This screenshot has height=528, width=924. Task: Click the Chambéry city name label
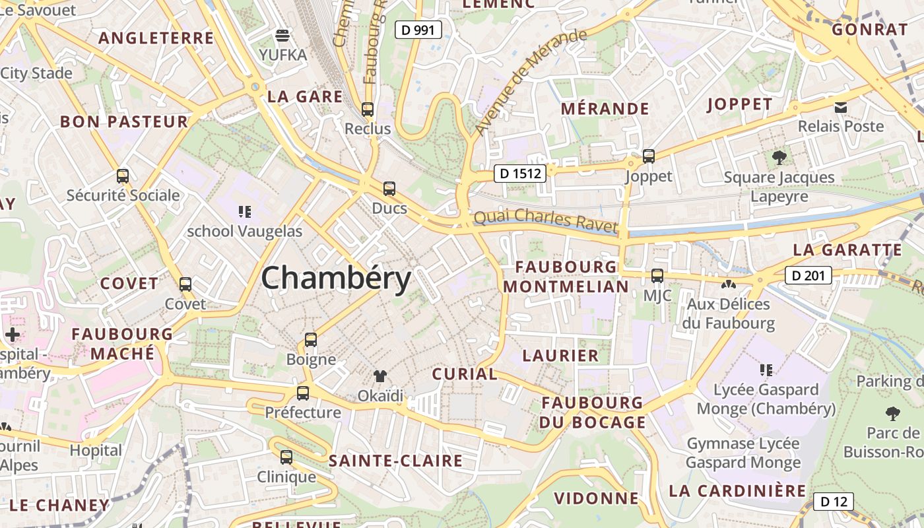point(336,278)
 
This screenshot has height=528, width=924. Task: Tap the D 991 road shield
point(418,29)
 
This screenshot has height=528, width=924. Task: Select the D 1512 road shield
point(520,174)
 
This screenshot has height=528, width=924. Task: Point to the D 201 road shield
point(808,275)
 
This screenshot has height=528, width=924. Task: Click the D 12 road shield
point(833,502)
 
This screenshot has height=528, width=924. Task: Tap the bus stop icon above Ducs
point(389,189)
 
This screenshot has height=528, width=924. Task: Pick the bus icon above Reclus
point(368,110)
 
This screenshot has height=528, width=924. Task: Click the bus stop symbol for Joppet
point(649,156)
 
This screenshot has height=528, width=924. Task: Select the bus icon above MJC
point(657,276)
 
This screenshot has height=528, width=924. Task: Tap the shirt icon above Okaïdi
point(380,376)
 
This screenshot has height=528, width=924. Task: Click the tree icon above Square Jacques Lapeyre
point(779,158)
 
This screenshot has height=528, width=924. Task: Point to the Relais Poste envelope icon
point(841,107)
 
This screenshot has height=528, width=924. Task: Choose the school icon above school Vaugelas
point(245,212)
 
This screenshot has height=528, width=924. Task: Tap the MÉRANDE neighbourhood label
point(605,108)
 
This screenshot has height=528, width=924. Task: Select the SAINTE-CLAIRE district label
point(395,461)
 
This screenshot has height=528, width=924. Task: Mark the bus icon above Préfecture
point(303,393)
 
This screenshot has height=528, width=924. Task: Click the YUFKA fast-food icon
point(282,36)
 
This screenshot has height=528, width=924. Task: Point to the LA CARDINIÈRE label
point(737,491)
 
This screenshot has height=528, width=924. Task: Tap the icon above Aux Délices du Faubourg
point(729,285)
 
